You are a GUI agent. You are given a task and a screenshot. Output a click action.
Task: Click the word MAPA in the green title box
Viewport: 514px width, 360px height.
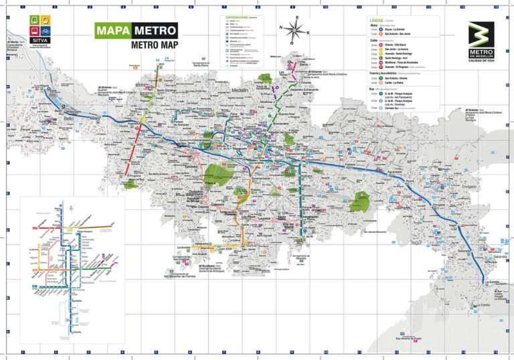[111, 31]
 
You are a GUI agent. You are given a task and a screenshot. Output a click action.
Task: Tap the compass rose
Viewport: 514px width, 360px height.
[294, 29]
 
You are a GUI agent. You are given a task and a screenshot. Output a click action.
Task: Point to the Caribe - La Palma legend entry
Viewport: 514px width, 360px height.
[396, 82]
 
